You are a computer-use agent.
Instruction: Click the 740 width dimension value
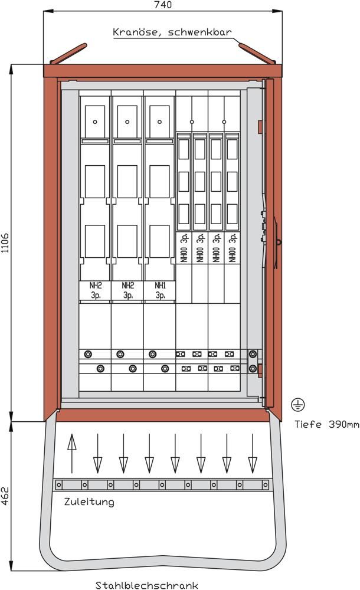click(163, 5)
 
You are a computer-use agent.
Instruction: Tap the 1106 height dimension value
click(5, 242)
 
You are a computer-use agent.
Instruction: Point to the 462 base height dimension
click(5, 496)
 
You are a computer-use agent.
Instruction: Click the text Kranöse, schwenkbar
click(172, 32)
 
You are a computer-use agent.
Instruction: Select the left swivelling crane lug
click(68, 54)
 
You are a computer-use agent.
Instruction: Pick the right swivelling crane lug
click(257, 54)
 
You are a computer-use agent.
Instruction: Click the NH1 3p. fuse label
click(160, 290)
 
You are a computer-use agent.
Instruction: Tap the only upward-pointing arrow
click(71, 453)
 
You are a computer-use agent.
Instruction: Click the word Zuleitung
click(89, 501)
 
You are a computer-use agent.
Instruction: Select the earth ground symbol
click(298, 405)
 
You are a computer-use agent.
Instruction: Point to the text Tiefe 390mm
click(326, 424)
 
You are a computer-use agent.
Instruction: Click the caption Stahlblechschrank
click(146, 585)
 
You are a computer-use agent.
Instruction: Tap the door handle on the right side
click(277, 241)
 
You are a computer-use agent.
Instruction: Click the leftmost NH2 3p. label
click(96, 290)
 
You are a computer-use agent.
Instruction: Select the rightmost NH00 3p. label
click(233, 247)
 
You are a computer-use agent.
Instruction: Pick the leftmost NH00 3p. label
click(184, 247)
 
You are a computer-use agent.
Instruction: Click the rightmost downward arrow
click(253, 453)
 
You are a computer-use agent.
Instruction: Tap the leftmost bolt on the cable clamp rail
click(59, 484)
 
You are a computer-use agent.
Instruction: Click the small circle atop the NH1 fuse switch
click(160, 122)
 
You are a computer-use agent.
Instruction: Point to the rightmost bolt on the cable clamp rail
click(265, 484)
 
